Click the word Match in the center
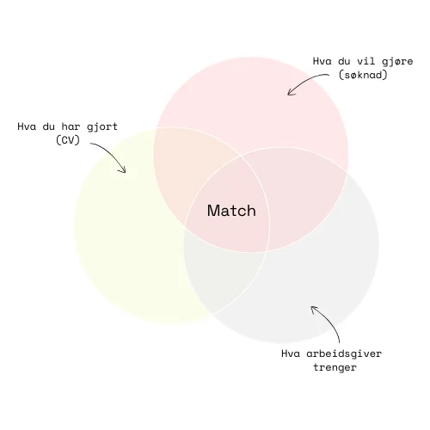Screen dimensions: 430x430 (x=231, y=211)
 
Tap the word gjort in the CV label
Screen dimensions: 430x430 (x=102, y=127)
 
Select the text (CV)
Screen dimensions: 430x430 (x=68, y=140)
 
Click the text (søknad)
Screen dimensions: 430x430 (x=363, y=75)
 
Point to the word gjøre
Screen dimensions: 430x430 (x=397, y=62)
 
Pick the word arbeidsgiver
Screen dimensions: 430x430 (x=344, y=353)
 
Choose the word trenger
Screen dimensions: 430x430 (x=335, y=367)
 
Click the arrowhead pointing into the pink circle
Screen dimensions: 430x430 (x=290, y=92)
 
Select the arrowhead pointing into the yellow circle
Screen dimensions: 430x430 (x=123, y=170)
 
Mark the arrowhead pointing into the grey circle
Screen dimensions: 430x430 (x=314, y=309)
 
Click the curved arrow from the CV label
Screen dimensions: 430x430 (x=114, y=152)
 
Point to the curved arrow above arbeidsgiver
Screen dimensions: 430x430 (x=330, y=321)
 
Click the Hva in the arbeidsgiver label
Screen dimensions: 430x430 (x=291, y=353)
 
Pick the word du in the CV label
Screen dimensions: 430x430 (x=49, y=126)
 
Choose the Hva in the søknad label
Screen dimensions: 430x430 (x=322, y=61)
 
